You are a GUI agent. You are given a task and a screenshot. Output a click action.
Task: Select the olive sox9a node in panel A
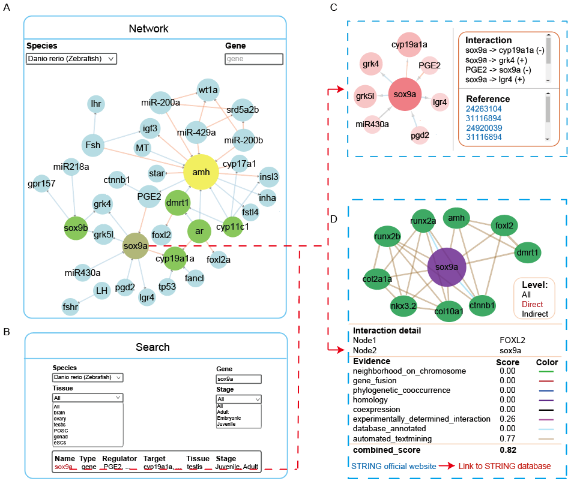pos(136,245)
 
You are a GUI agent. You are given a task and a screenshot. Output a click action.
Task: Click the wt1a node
pos(208,90)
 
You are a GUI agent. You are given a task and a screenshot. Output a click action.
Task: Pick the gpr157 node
pos(40,183)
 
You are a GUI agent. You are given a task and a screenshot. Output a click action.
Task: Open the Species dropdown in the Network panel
pos(71,59)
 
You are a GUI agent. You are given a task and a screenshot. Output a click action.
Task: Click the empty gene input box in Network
pos(253,59)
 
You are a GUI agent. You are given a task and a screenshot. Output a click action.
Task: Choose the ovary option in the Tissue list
pos(59,416)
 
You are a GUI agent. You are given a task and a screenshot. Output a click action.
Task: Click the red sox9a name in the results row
pos(64,466)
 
